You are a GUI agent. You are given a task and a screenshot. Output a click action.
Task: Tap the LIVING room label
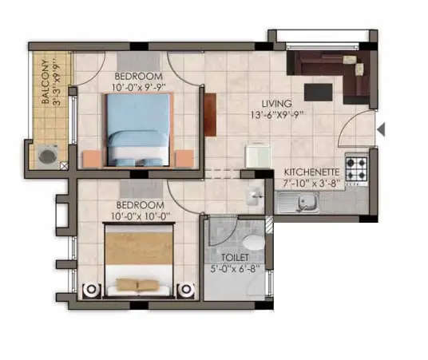277,104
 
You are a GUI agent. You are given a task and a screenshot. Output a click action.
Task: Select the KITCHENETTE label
313,172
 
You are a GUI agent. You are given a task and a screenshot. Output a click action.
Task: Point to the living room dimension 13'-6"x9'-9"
277,115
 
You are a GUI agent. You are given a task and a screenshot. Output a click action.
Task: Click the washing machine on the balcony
49,155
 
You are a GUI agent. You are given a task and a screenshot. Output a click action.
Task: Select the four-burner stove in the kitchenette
355,168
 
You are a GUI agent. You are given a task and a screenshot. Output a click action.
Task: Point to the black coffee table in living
318,92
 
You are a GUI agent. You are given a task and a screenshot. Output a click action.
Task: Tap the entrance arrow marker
381,129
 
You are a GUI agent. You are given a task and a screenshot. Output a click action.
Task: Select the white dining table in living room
257,154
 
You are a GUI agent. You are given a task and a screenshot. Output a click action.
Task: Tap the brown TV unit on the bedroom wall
209,114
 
